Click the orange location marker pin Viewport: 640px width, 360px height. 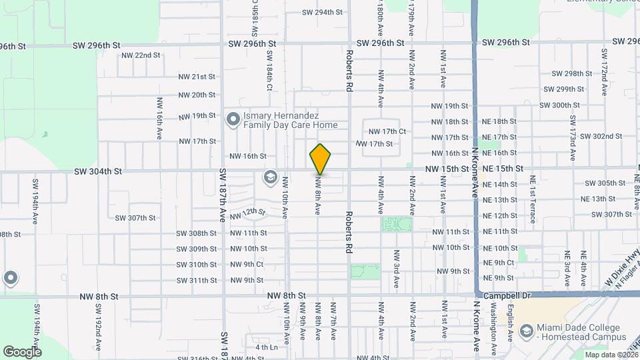321,159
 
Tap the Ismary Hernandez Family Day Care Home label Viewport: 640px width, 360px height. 290,120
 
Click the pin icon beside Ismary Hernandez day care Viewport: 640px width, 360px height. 233,120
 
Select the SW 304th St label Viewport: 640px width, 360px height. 97,171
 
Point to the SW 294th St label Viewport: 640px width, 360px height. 322,12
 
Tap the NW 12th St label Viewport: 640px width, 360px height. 247,214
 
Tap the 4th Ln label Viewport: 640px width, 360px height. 266,347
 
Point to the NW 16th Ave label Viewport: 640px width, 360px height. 160,119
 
